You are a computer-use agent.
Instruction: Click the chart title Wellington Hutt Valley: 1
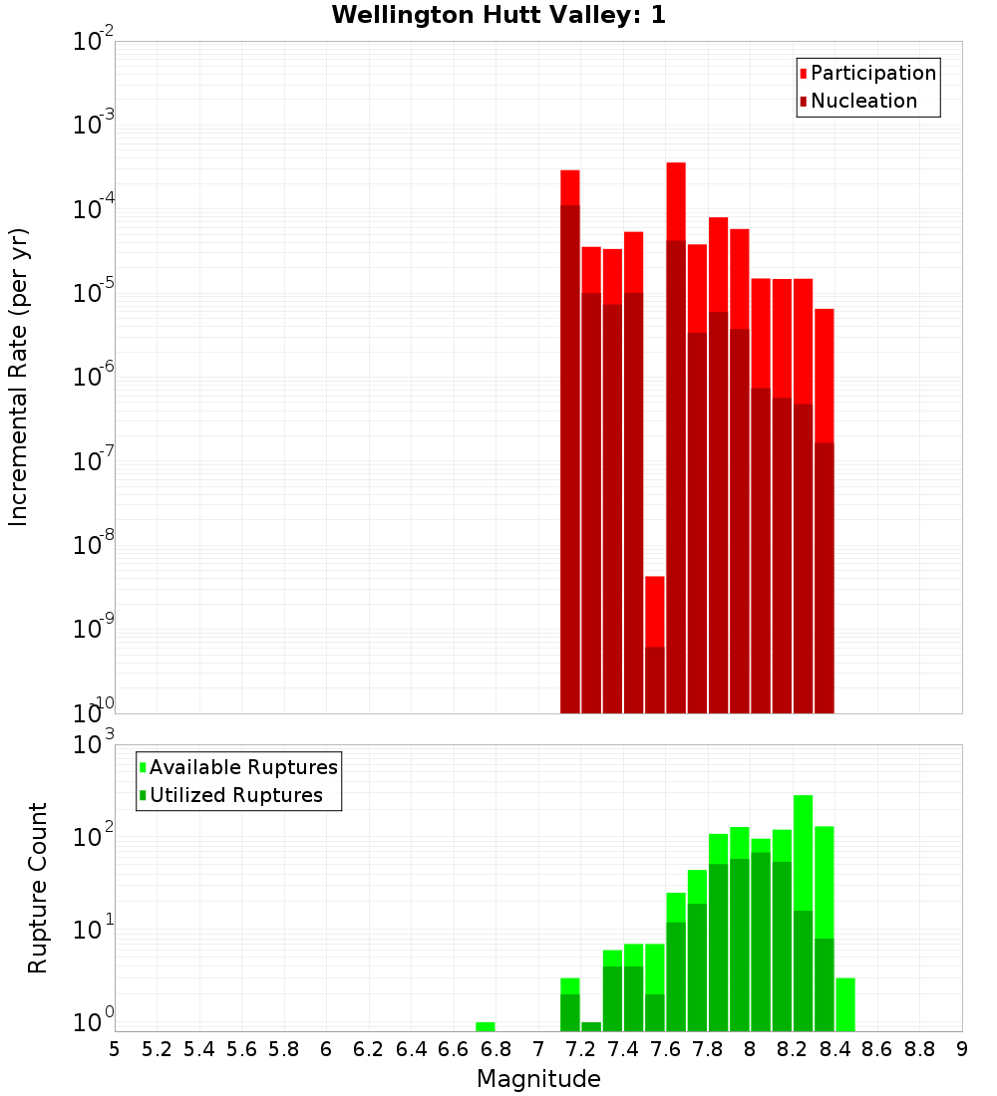tap(498, 15)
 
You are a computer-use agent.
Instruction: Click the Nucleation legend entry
tap(863, 101)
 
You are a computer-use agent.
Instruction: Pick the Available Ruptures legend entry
tap(243, 767)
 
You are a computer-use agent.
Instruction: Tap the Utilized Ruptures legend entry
tap(235, 795)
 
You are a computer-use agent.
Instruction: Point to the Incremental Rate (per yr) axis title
tap(18, 377)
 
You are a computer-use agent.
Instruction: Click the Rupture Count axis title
tap(38, 888)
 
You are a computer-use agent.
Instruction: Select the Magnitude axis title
tap(538, 1079)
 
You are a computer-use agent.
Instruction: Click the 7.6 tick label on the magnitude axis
tap(665, 1049)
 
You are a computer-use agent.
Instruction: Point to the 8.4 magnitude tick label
tap(834, 1049)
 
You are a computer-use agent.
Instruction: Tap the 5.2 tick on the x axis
tap(157, 1049)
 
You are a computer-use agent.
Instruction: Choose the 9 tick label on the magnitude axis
tap(961, 1049)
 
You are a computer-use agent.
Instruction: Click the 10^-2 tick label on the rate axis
tap(94, 42)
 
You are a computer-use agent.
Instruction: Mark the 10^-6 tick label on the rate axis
tap(94, 378)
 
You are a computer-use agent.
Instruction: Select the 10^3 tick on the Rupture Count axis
tap(94, 744)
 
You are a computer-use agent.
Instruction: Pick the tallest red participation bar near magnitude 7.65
tap(676, 199)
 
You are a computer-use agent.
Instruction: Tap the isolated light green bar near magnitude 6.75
tap(486, 1026)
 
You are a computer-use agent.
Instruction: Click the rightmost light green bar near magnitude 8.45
tap(845, 1004)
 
